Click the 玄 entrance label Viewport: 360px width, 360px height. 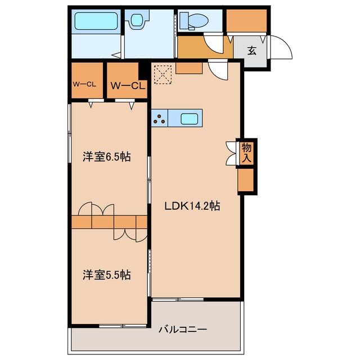point(252,51)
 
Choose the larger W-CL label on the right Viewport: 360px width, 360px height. point(128,85)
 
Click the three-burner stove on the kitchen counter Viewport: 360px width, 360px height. point(160,119)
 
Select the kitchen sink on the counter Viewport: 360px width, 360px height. point(189,119)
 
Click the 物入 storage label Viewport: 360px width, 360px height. point(246,153)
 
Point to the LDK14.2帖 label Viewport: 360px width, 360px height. point(192,206)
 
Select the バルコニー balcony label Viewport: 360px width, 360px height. point(182,329)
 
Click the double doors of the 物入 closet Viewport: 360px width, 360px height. point(231,152)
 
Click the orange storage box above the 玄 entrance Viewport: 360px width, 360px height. point(246,21)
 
